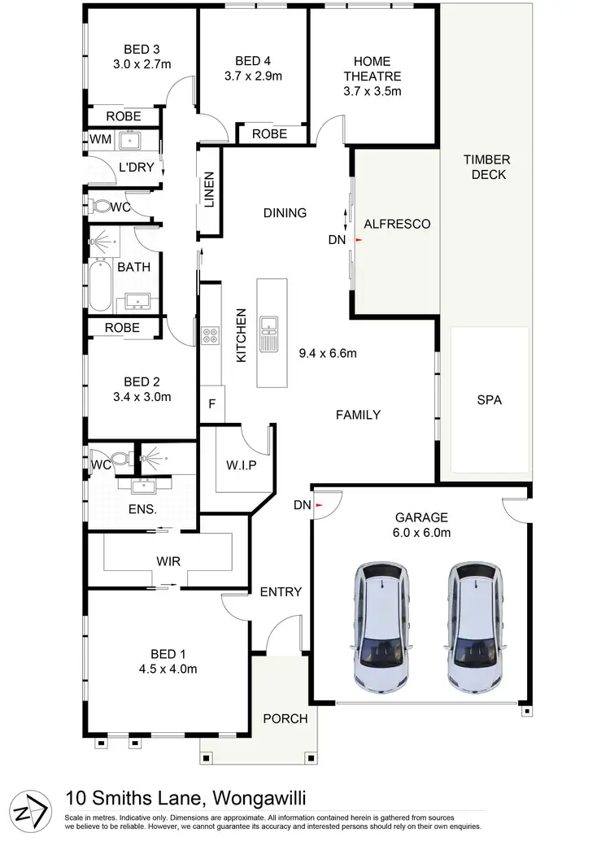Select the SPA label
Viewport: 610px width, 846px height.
coord(489,399)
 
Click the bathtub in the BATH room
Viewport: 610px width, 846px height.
coord(99,285)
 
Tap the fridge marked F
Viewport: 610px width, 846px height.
coord(212,403)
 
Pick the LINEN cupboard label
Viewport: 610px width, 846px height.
coord(209,189)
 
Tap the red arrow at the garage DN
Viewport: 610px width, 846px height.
coord(318,505)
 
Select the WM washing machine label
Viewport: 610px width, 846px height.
coord(100,139)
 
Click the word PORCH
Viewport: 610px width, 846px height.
coord(285,718)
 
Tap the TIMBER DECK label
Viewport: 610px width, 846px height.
coord(487,167)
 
